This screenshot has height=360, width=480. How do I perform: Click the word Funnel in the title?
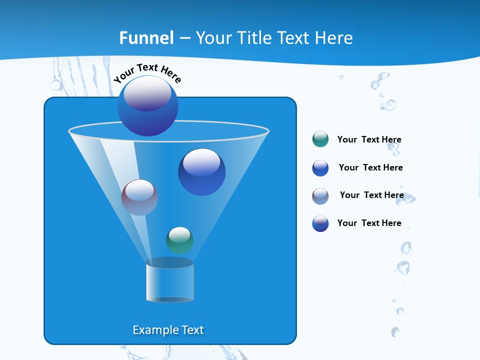click(146, 38)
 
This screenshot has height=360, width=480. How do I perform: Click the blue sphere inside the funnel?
click(201, 172)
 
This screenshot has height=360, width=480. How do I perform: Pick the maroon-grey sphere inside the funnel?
click(139, 197)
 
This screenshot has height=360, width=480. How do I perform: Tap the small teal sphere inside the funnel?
click(179, 240)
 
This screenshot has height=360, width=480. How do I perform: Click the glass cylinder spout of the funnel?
click(169, 281)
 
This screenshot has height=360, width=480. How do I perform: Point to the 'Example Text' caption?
click(168, 330)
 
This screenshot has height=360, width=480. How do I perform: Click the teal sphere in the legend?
click(320, 139)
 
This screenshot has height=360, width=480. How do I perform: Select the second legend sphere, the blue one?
click(320, 168)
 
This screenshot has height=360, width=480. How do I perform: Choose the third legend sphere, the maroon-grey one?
click(320, 196)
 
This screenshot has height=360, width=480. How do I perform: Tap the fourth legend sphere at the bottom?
click(320, 223)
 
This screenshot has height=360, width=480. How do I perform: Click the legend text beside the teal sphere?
click(369, 140)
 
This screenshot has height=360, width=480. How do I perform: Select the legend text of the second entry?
click(370, 168)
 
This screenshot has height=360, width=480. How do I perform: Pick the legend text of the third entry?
click(371, 195)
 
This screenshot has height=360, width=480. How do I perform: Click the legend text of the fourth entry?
click(369, 223)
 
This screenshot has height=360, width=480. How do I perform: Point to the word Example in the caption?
click(154, 330)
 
